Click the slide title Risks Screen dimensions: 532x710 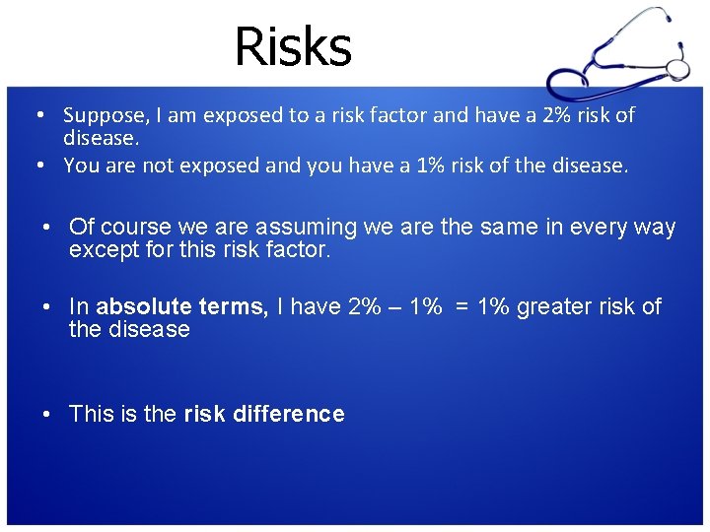293,46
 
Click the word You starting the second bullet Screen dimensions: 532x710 82,166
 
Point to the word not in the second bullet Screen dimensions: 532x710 158,166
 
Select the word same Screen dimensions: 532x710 510,228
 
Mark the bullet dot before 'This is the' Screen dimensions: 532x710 47,415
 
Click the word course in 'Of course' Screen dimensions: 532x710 132,228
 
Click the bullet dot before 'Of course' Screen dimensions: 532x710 47,229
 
